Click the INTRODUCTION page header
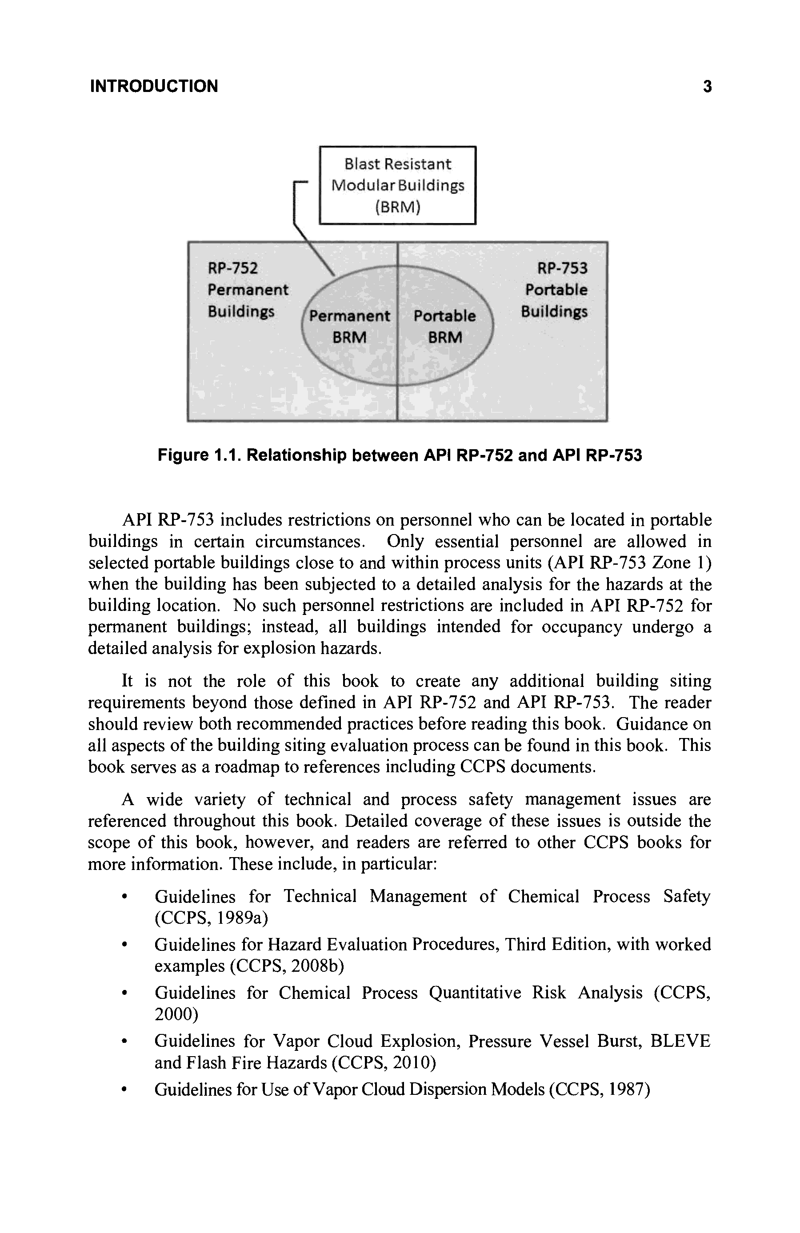pyautogui.click(x=154, y=86)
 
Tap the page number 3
pyautogui.click(x=707, y=86)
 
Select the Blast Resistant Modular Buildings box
pyautogui.click(x=397, y=185)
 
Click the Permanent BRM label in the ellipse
pyautogui.click(x=349, y=327)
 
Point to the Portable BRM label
pyautogui.click(x=444, y=327)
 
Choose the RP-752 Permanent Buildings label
pyautogui.click(x=248, y=290)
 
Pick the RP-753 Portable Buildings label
pyautogui.click(x=556, y=290)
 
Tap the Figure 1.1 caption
pyautogui.click(x=400, y=455)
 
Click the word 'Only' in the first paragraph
pyautogui.click(x=405, y=541)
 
